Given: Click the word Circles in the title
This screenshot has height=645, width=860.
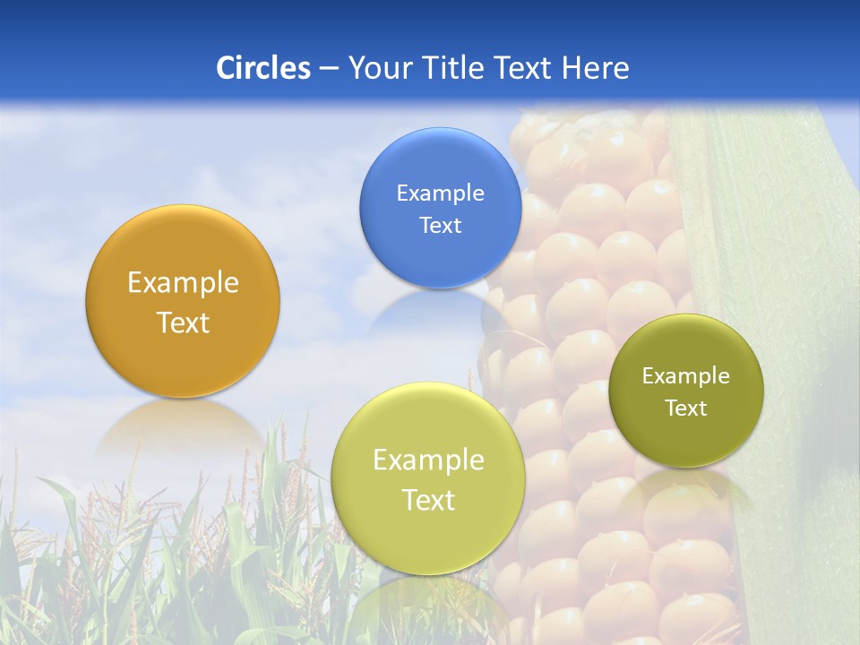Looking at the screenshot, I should pos(262,68).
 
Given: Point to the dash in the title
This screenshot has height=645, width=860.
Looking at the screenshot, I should pos(328,69).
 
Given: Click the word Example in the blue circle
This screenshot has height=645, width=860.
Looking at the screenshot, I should pos(440,193).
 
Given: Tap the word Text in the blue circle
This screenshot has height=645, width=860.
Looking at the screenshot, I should pos(440,226).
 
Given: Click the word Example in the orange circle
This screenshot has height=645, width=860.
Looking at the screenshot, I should pos(183,283).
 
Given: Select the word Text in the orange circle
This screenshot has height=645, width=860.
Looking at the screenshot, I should pos(183,323).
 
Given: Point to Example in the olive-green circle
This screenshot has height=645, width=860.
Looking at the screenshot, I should pos(686,376).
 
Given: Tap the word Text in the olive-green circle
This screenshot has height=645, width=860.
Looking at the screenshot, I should pos(686,408).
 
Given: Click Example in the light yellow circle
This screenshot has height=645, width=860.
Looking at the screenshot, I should pos(428,460).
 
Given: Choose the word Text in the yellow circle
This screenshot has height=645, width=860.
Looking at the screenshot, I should pos(428,501).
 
